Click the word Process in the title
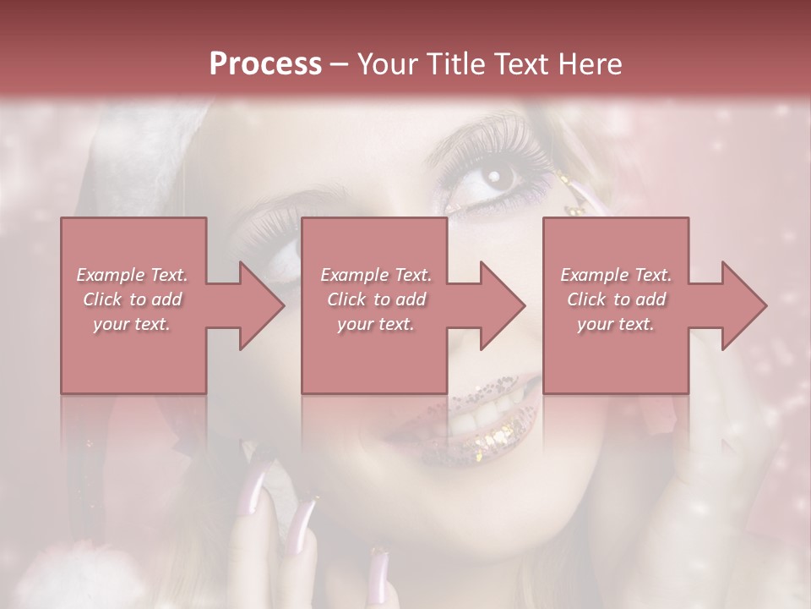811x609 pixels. [265, 64]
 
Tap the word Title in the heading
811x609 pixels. [453, 64]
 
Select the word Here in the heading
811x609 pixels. [591, 64]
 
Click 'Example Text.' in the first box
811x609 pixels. [133, 275]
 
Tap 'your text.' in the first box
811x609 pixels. [133, 324]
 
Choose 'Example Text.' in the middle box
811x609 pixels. [376, 275]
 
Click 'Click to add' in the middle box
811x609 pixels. [376, 299]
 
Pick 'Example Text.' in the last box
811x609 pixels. [616, 275]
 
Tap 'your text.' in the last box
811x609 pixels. [616, 324]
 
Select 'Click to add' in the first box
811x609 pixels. [133, 299]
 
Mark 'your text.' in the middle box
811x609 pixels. [376, 324]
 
